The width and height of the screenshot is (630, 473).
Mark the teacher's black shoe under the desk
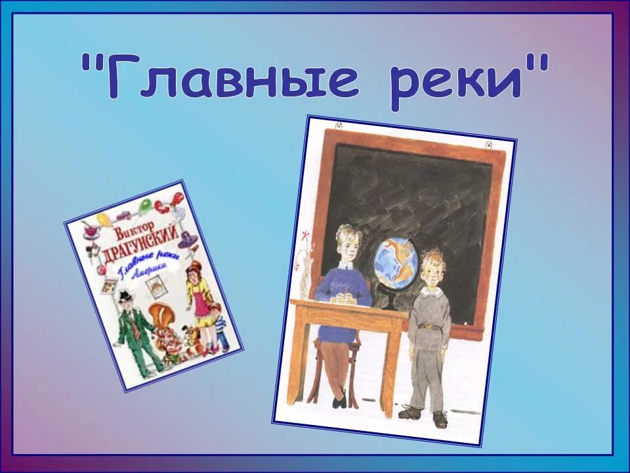point(339,398)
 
